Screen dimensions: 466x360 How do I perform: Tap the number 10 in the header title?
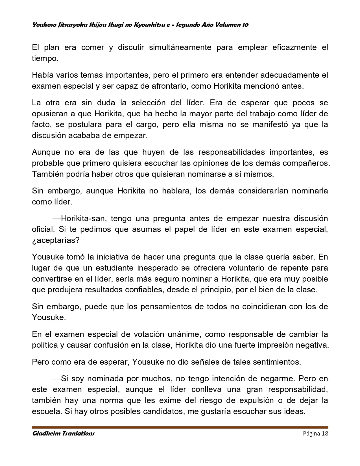(245, 25)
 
